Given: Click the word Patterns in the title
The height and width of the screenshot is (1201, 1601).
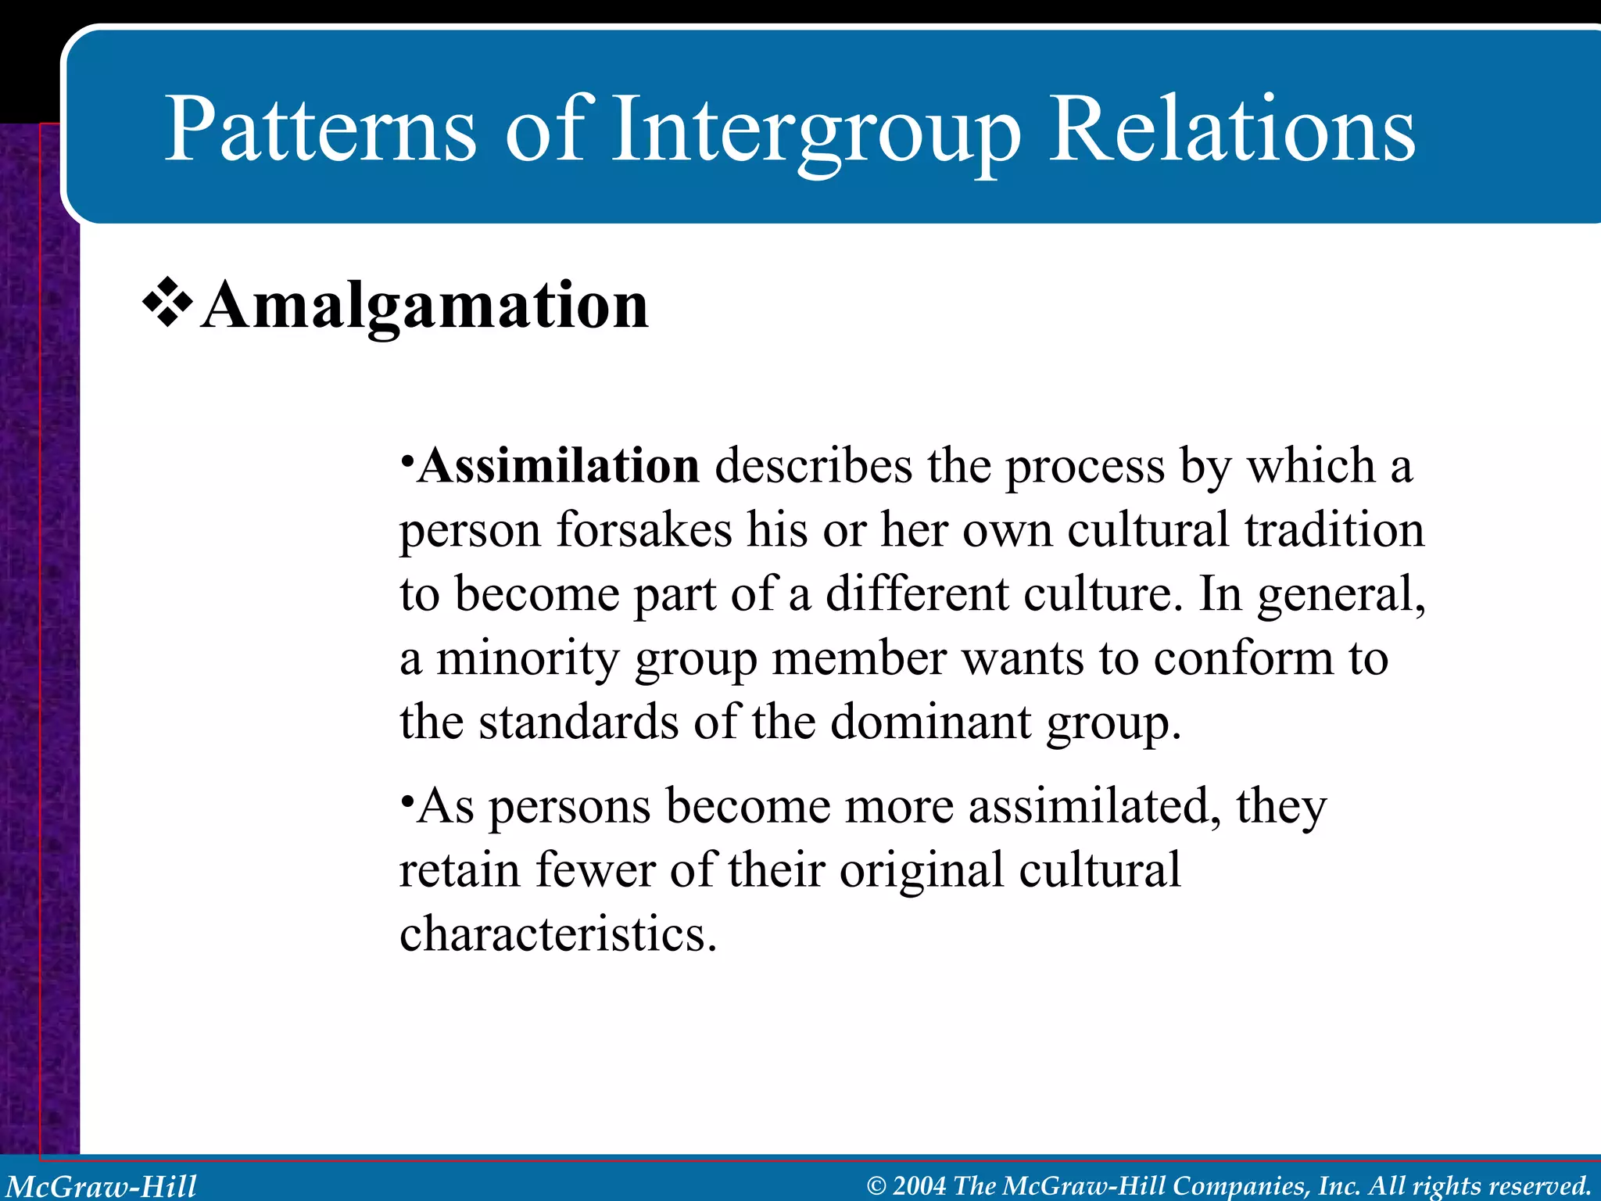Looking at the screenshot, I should pos(320,129).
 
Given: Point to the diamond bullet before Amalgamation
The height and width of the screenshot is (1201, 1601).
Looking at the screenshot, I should pos(167,303).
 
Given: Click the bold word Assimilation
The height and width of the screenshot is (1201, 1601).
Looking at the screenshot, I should pos(558,466).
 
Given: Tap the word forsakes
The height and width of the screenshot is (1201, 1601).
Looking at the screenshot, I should pos(643,530).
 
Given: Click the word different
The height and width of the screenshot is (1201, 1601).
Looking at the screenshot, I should pos(917,594).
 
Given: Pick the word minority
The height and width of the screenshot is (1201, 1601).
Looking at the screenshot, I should pos(527,658).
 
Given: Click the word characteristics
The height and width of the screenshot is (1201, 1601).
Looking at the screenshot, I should pos(557,934).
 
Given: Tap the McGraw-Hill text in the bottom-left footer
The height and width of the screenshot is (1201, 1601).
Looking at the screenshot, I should pos(102,1186).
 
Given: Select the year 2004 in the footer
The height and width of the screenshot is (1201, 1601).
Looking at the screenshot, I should pos(919,1186).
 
